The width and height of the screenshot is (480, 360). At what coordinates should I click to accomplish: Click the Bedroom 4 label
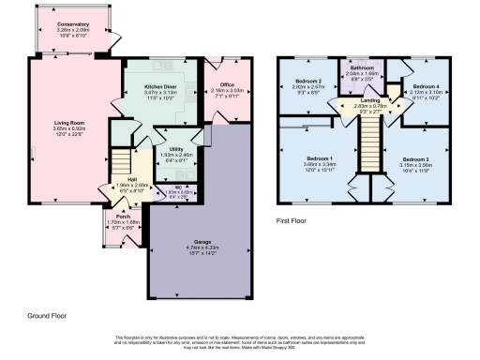[427, 85]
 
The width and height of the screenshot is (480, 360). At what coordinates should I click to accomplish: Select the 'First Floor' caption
[294, 222]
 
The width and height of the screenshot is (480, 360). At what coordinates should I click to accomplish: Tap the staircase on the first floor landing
[367, 150]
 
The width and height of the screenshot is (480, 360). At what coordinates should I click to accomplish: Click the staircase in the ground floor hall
[120, 157]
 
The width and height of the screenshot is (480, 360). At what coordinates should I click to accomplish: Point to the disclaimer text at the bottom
[239, 340]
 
